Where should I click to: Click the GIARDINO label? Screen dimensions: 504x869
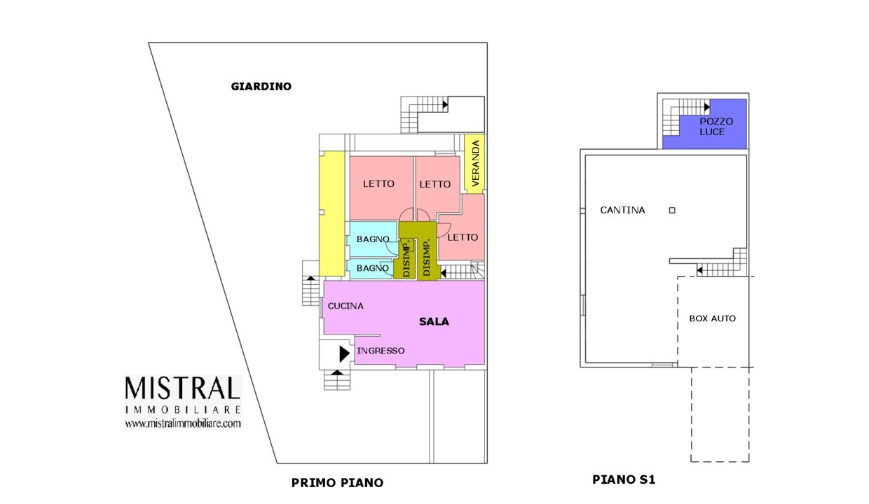point(261,87)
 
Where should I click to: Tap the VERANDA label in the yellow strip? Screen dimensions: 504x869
point(476,164)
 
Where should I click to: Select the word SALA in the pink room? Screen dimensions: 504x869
point(434,322)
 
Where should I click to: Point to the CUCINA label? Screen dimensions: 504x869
point(345,306)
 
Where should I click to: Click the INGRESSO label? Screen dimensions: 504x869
point(381,351)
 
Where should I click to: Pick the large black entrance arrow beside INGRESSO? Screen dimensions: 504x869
point(343,353)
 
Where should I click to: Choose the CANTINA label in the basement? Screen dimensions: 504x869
point(622,210)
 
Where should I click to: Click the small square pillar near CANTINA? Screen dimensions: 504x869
point(671,210)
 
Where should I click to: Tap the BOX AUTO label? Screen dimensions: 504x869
point(712,318)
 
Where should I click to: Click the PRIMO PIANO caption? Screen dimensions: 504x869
point(337,483)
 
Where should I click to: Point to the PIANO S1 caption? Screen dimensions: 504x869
point(624,480)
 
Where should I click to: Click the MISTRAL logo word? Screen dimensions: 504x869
point(182,389)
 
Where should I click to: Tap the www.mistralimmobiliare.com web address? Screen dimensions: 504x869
point(182,423)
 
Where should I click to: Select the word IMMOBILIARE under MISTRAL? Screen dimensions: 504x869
point(182,409)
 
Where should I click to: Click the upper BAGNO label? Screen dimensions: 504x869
point(373,239)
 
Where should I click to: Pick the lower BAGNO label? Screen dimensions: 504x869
point(373,268)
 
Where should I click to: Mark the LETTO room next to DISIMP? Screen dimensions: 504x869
point(463,237)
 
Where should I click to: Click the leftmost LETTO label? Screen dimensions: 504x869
point(378,184)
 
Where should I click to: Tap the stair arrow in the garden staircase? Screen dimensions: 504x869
point(445,105)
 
